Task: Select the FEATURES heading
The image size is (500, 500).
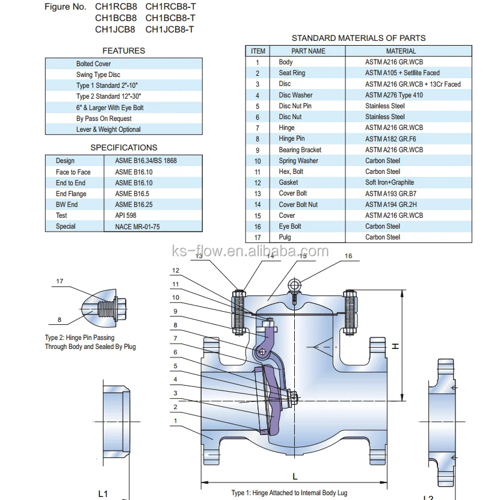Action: pyautogui.click(x=123, y=51)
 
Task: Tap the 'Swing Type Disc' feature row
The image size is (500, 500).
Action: pyautogui.click(x=97, y=75)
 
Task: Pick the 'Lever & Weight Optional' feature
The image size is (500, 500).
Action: pyautogui.click(x=108, y=129)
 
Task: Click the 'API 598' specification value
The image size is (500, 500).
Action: pyautogui.click(x=126, y=215)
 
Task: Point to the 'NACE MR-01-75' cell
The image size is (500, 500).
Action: pyautogui.click(x=137, y=227)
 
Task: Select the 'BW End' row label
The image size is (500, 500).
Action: pyautogui.click(x=67, y=205)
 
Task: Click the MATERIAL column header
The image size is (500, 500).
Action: pyautogui.click(x=401, y=51)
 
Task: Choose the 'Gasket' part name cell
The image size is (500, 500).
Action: pyautogui.click(x=288, y=182)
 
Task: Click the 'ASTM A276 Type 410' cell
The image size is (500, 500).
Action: pyautogui.click(x=394, y=95)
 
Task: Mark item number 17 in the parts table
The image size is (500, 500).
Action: pyautogui.click(x=258, y=237)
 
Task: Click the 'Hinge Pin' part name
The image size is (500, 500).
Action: pyautogui.click(x=291, y=138)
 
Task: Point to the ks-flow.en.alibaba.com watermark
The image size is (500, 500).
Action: pyautogui.click(x=250, y=251)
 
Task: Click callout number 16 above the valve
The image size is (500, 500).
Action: pyautogui.click(x=348, y=256)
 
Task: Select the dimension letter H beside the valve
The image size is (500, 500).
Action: pyautogui.click(x=395, y=346)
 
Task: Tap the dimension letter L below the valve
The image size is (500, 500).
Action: pyautogui.click(x=295, y=476)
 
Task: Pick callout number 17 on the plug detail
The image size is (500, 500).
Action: pyautogui.click(x=60, y=281)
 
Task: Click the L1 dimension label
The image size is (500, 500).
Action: pyautogui.click(x=103, y=494)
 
